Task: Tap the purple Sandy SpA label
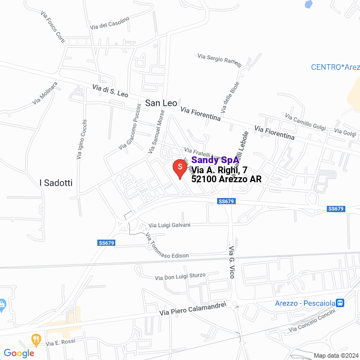(215, 160)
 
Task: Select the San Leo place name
(161, 103)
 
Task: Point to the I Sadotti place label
(56, 183)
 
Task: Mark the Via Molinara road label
(46, 94)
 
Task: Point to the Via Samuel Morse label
(156, 131)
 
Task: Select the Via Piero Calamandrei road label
(192, 308)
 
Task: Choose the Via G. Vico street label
(231, 262)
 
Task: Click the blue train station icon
(340, 303)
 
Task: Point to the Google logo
(19, 353)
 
